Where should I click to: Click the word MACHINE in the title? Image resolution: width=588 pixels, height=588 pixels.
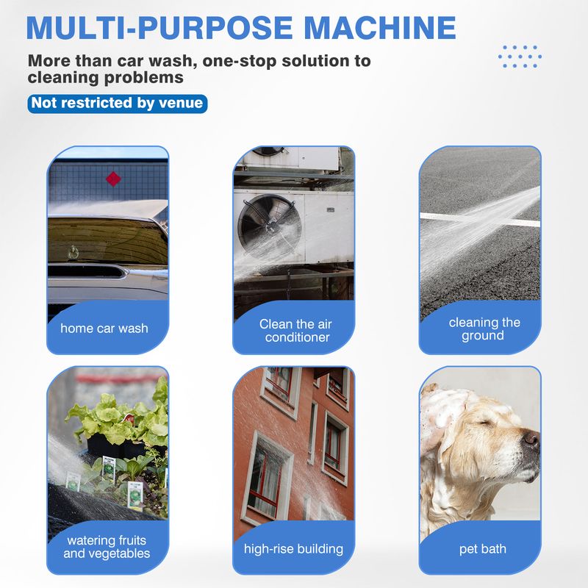tap(380, 27)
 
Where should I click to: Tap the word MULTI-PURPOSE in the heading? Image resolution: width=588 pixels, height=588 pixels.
tap(159, 27)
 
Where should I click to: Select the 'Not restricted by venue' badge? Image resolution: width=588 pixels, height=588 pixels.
tap(118, 103)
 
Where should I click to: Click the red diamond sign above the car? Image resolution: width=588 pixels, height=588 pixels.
tap(113, 179)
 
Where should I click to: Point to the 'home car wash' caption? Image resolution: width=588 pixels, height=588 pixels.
tap(104, 328)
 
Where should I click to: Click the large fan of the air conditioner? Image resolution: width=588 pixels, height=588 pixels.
tap(270, 227)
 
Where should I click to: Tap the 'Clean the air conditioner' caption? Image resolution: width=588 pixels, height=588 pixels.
tap(296, 330)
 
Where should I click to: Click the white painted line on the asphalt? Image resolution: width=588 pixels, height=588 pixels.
tap(480, 220)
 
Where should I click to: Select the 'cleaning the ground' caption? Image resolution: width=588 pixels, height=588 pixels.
tap(484, 329)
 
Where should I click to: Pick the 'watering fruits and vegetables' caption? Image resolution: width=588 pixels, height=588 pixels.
tap(107, 546)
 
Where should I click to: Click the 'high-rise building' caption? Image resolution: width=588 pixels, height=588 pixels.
tap(293, 548)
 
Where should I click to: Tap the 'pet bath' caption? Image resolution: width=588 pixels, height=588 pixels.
tap(483, 548)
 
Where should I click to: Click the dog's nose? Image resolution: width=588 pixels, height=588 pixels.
tap(531, 438)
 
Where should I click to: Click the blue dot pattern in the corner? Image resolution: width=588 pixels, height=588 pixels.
tap(520, 57)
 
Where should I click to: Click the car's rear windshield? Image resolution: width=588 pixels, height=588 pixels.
tap(107, 241)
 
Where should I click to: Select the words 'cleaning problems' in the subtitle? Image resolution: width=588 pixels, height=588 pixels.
tap(105, 78)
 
